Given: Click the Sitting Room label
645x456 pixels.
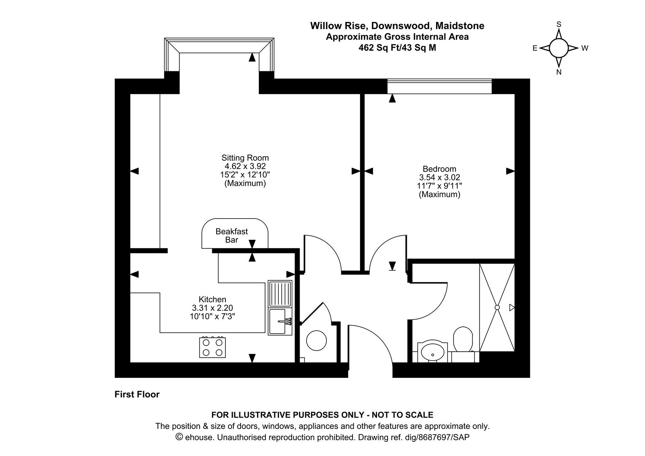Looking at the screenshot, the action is [245, 158].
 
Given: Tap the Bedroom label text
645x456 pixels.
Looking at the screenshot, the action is [439, 169].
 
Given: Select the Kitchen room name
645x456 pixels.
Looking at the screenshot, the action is [212, 299].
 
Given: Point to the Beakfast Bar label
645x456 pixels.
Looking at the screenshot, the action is [232, 236].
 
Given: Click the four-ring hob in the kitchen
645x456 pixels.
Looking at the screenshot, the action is [212, 347].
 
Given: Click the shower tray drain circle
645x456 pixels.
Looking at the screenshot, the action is [497, 307].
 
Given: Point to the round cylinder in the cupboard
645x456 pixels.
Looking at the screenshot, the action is [317, 340].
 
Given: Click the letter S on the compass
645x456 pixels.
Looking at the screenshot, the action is [558, 24].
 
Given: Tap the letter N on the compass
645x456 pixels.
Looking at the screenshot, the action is [558, 72].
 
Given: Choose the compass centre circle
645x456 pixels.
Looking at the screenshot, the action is [558, 48].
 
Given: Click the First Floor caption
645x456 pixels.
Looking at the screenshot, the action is [137, 394].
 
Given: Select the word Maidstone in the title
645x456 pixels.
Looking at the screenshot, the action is [460, 26].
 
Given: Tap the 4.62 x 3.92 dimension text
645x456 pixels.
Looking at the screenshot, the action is [245, 166].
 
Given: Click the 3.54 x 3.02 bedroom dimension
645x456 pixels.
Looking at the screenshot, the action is [439, 177].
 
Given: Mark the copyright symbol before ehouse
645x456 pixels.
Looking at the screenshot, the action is [179, 437].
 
